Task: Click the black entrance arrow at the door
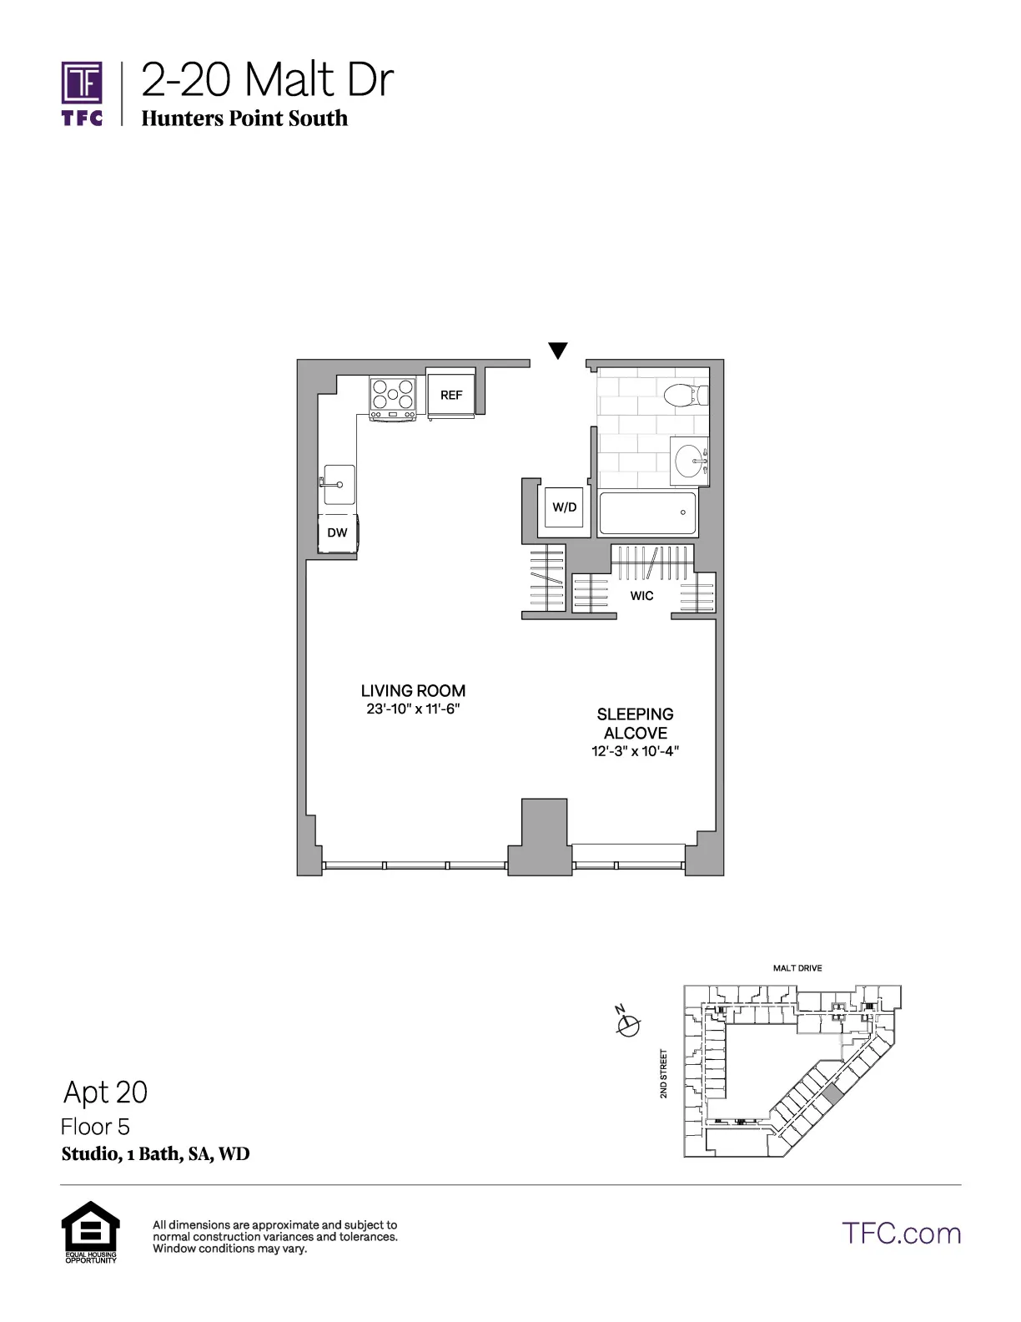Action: [558, 351]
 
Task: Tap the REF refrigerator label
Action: [451, 395]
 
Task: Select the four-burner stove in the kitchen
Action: [394, 397]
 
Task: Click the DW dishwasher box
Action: [337, 532]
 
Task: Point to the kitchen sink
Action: [339, 485]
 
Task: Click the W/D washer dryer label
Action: [565, 507]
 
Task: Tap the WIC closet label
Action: [641, 596]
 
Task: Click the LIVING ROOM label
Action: [413, 691]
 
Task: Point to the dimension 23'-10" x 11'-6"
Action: [413, 709]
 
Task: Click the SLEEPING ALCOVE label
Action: [635, 724]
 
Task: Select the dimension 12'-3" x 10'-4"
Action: [635, 751]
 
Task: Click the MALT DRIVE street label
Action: [797, 968]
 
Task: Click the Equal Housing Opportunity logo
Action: [90, 1231]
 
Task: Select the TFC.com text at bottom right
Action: [901, 1233]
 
